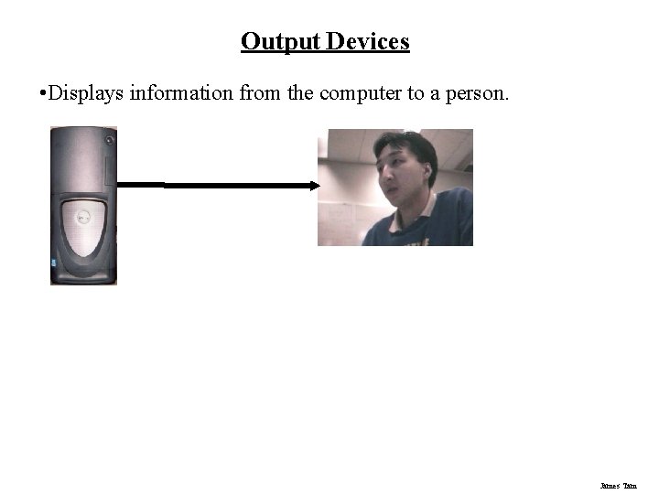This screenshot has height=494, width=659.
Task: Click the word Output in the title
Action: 275,42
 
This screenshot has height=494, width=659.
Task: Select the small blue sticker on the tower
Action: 53,263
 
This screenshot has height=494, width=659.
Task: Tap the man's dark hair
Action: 412,145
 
